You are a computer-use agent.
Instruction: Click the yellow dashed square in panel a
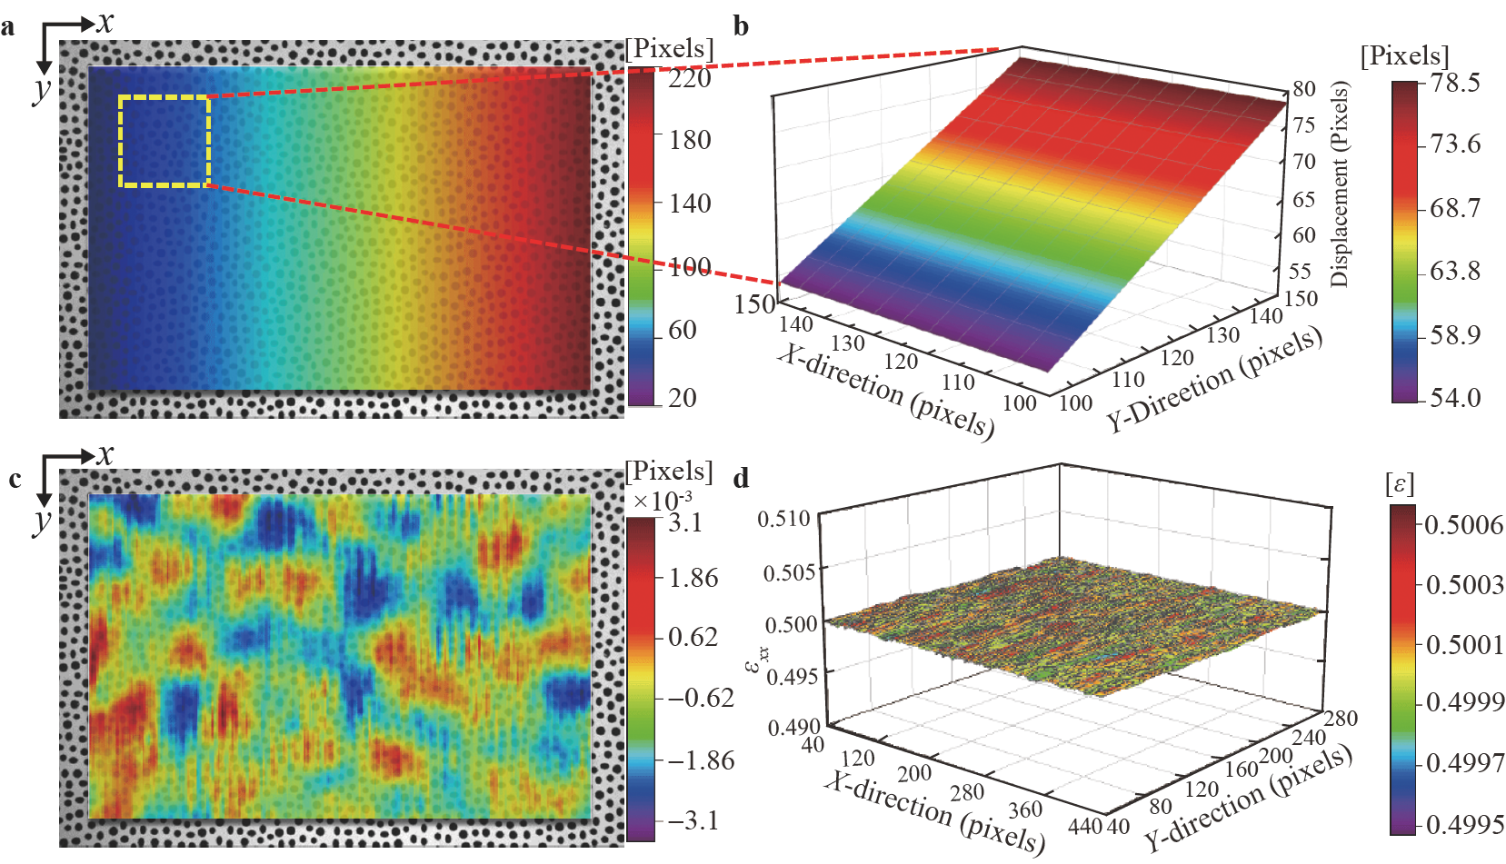point(165,141)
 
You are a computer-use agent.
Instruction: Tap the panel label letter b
point(741,27)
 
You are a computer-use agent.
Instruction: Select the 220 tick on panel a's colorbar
point(690,78)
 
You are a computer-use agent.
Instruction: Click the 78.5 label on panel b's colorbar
point(1454,83)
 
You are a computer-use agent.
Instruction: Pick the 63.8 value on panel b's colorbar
point(1454,271)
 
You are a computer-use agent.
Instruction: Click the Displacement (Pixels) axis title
point(1339,184)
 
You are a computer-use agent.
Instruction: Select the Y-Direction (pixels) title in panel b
point(1213,380)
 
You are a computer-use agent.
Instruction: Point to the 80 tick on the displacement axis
point(1304,88)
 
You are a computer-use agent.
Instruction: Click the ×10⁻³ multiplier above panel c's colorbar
point(662,500)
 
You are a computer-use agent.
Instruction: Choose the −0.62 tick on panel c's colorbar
point(700,698)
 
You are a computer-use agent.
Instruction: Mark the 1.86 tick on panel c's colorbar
point(693,578)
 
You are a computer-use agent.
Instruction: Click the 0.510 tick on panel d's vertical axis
point(783,519)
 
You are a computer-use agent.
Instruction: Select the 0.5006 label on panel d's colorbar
point(1463,524)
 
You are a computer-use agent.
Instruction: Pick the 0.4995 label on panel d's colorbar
point(1463,824)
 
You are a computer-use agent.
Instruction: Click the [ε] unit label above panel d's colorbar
point(1400,484)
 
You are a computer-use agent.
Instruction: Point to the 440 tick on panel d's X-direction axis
point(1085,826)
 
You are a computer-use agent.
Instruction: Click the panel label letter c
point(15,479)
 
